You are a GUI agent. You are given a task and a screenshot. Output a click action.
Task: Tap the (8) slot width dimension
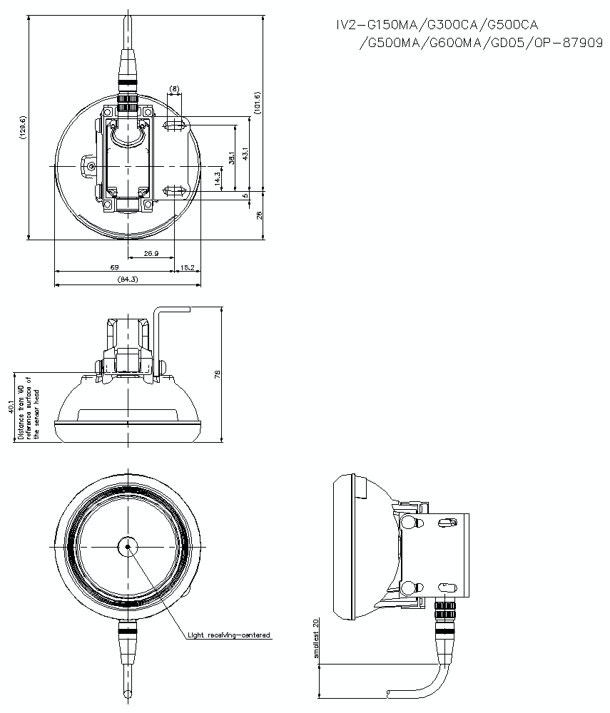175,89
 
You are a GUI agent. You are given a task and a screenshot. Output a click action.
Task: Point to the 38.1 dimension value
230,158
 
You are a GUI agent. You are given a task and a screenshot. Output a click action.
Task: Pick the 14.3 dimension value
218,179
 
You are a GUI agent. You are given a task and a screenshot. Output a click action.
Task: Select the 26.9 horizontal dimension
151,254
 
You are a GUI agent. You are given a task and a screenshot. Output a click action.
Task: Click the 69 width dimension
113,267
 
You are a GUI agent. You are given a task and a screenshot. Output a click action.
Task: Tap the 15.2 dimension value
188,267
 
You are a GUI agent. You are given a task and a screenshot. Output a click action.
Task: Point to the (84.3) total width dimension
127,279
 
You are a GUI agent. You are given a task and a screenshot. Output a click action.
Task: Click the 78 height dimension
218,373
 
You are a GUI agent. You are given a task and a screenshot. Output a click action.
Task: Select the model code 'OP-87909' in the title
569,43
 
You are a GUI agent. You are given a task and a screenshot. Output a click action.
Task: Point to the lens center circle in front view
127,547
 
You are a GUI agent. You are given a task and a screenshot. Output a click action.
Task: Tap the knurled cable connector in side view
445,611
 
